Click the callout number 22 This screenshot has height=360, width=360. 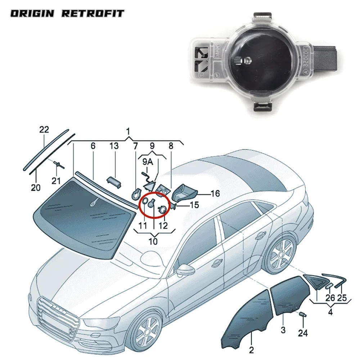point(44,130)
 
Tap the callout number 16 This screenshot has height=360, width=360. point(215,194)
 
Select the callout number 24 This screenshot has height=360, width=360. point(303,333)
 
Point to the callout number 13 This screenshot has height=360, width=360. point(114,146)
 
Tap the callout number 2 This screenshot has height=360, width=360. point(252,349)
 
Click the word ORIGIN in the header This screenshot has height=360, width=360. point(32,14)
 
